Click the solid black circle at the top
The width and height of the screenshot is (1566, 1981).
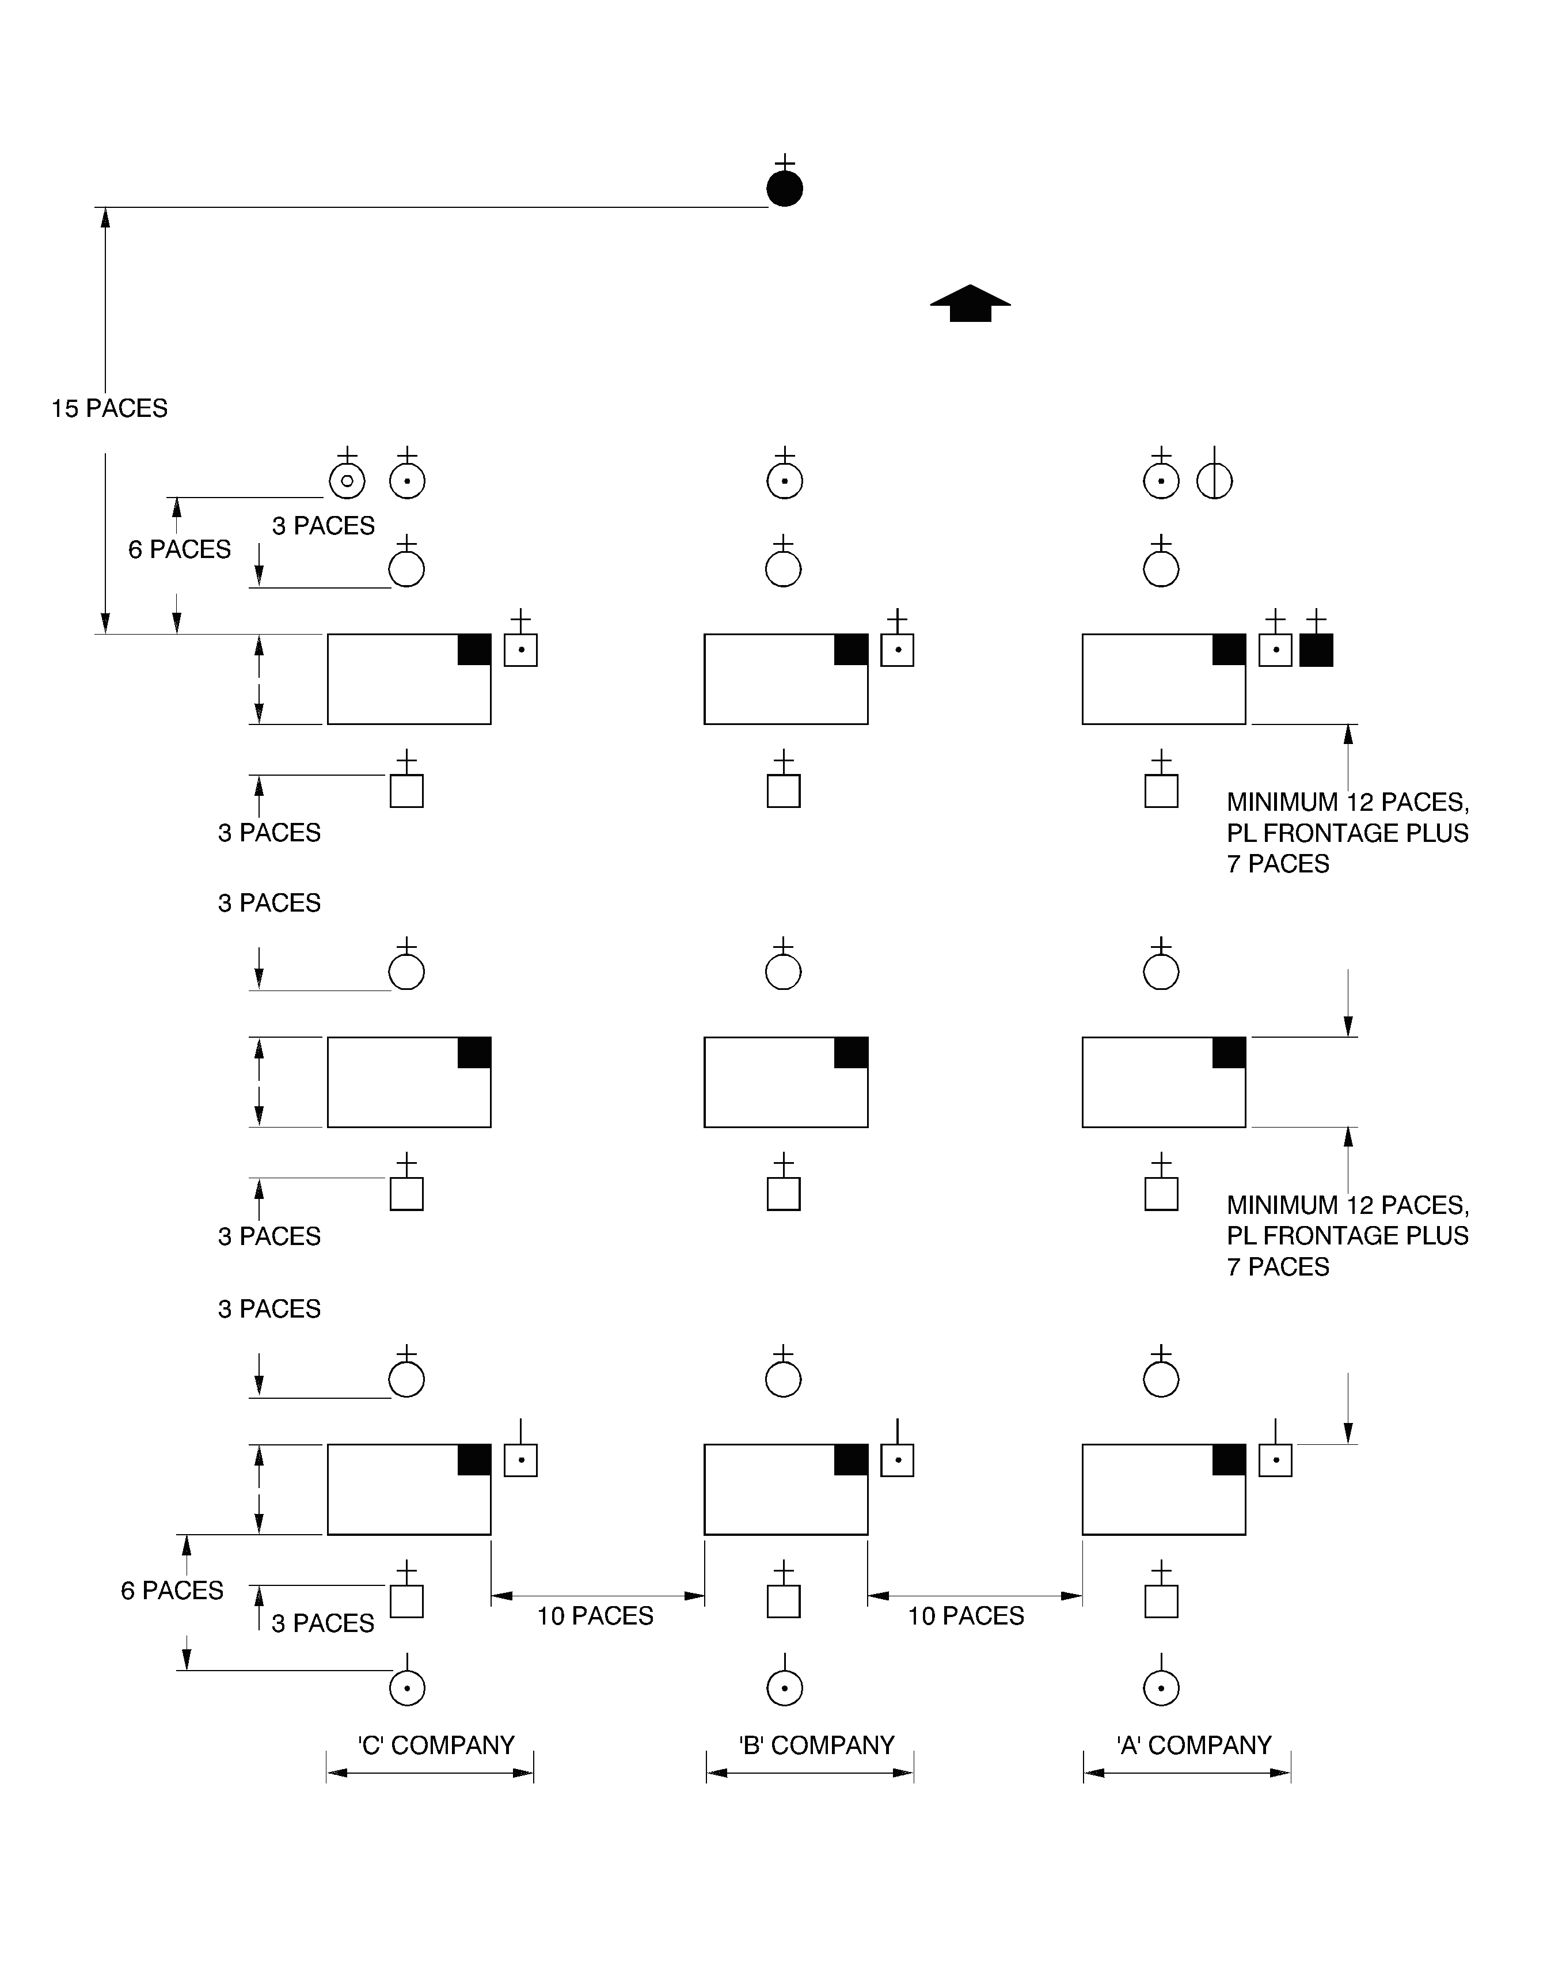pyautogui.click(x=785, y=189)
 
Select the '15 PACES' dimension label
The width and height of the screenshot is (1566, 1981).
pyautogui.click(x=109, y=409)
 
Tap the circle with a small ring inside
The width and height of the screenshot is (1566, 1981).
pyautogui.click(x=347, y=481)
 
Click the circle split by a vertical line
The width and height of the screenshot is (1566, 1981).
pyautogui.click(x=1215, y=481)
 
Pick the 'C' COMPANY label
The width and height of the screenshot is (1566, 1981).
pyautogui.click(x=436, y=1745)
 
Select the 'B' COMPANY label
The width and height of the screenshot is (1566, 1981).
pyautogui.click(x=816, y=1745)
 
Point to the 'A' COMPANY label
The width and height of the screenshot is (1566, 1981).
pyautogui.click(x=1193, y=1745)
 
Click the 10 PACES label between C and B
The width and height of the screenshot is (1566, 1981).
pyautogui.click(x=595, y=1616)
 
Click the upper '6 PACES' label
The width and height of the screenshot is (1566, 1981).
pyautogui.click(x=179, y=549)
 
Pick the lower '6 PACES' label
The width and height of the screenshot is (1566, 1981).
pyautogui.click(x=172, y=1591)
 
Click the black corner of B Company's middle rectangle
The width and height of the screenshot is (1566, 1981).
pyautogui.click(x=851, y=1053)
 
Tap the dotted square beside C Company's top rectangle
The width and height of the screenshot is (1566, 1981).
pyautogui.click(x=521, y=650)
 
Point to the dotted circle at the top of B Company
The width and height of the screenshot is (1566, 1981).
pyautogui.click(x=785, y=481)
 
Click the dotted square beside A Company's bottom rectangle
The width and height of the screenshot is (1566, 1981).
pyautogui.click(x=1275, y=1460)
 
